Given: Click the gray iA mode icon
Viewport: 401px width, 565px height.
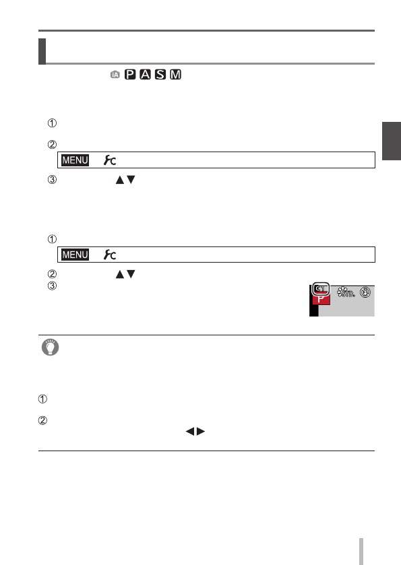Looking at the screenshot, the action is [x=115, y=75].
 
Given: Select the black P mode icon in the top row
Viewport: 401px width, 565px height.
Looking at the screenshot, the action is [x=130, y=74].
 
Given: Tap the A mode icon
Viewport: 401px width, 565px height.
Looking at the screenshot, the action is [x=145, y=74].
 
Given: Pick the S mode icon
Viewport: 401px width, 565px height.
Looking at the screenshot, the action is [x=160, y=74].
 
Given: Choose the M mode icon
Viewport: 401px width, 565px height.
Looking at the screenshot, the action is [x=176, y=74].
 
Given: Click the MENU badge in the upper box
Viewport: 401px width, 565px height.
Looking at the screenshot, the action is [x=75, y=160].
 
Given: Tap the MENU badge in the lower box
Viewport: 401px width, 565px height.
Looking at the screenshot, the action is [x=75, y=255].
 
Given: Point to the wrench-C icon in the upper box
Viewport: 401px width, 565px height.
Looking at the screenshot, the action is [x=110, y=160].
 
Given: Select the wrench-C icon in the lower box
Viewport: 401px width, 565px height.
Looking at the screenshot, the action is [x=110, y=255].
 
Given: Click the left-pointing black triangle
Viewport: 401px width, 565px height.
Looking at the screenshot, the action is [x=189, y=431].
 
